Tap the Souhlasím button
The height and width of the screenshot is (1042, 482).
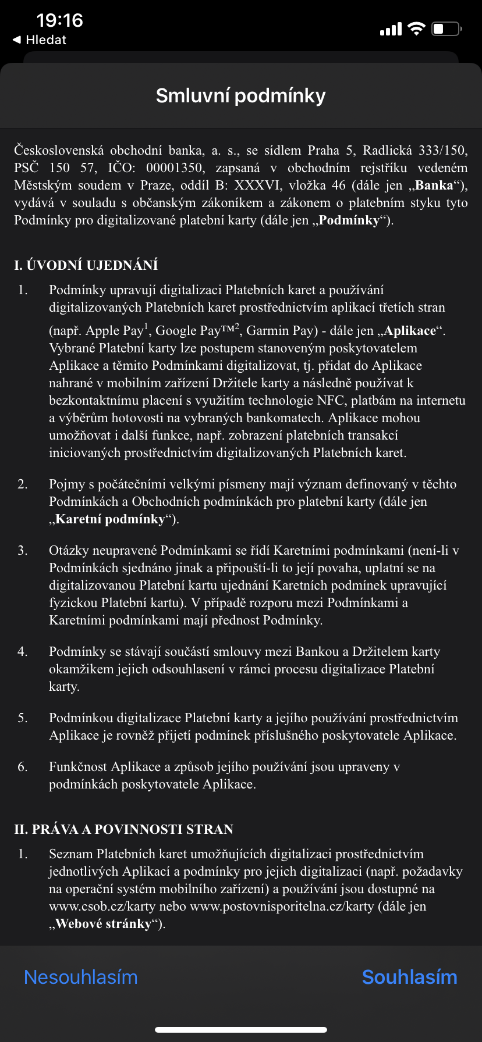tap(409, 977)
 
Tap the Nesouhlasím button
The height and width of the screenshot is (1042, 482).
tap(81, 977)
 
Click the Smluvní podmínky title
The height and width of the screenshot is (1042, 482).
tap(240, 95)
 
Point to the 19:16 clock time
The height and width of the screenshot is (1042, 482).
tap(59, 20)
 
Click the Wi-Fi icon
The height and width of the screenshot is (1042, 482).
tap(417, 28)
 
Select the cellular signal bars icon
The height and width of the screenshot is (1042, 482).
tap(391, 29)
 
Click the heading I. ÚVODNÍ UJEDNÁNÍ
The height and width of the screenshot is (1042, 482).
tap(86, 265)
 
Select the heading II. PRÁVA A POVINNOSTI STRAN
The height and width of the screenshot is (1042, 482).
tap(123, 829)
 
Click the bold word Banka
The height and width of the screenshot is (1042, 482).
tap(434, 185)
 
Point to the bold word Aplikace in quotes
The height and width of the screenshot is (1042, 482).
tap(410, 331)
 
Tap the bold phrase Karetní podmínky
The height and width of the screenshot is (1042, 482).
tap(110, 519)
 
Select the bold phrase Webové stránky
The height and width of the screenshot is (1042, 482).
tap(103, 924)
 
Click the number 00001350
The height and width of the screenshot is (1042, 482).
tap(175, 168)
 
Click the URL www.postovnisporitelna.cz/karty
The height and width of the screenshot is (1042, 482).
tap(282, 907)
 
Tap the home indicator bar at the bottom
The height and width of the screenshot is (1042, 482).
tap(240, 1030)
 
